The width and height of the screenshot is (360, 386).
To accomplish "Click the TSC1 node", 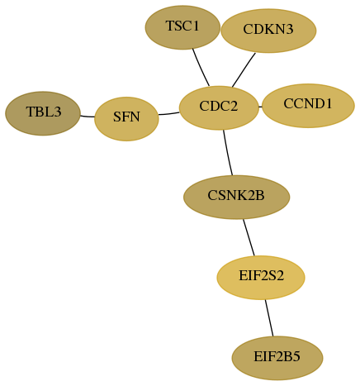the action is [x=182, y=27].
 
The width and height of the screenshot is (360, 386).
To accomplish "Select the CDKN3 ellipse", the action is [x=268, y=31].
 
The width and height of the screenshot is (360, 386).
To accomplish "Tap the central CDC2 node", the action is [x=219, y=107].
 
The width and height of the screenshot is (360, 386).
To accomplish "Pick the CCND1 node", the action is [x=308, y=106].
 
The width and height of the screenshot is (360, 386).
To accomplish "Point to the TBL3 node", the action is [x=43, y=113].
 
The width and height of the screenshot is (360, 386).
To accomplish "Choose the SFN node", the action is [x=126, y=119].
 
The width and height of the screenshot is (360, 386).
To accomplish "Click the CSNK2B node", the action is [x=236, y=197].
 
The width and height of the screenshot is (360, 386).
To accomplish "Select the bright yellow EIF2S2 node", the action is [x=261, y=278].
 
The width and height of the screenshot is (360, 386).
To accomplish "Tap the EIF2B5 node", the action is [x=277, y=358].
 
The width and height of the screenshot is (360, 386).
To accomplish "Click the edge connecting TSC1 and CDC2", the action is [x=201, y=68].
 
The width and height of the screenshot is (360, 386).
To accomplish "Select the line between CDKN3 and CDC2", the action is [x=244, y=69].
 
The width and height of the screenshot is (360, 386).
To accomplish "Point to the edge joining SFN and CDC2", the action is [x=169, y=113].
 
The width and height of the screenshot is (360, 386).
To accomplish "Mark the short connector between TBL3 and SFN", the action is [x=88, y=117].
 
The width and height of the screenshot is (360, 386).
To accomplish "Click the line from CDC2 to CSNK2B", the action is [x=227, y=153].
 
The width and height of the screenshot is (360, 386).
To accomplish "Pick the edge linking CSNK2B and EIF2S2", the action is [x=249, y=237].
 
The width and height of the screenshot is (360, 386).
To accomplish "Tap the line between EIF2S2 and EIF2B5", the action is [x=269, y=317].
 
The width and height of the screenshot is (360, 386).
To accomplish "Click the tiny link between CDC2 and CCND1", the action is [x=260, y=107].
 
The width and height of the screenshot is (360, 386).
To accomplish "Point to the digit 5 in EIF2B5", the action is [x=296, y=356].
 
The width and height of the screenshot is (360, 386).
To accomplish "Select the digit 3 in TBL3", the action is [x=58, y=112].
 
